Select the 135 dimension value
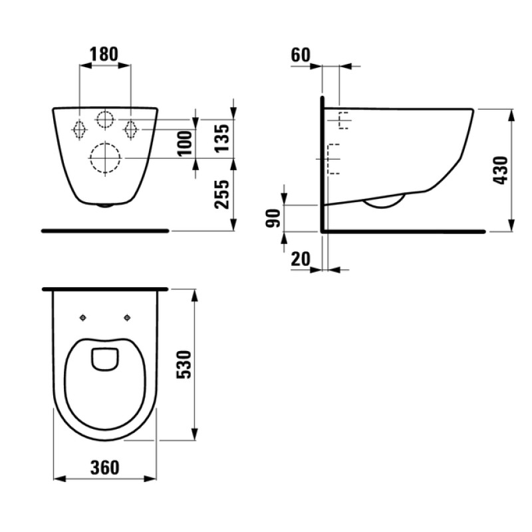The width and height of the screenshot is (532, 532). (x=225, y=138)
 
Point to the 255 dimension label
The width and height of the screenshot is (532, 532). (x=225, y=194)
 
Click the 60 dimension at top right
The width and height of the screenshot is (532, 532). (x=301, y=55)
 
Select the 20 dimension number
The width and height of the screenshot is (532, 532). (x=301, y=259)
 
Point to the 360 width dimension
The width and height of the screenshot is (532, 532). (x=105, y=467)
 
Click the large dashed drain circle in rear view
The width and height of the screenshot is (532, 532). (x=105, y=158)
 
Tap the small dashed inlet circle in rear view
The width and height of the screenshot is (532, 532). (x=105, y=120)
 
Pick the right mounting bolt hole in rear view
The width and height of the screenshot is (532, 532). (x=131, y=127)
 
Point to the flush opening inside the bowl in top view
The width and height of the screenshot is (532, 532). (x=105, y=358)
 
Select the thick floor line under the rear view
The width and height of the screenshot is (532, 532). (x=105, y=230)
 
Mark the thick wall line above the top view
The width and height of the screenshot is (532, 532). (x=105, y=289)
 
